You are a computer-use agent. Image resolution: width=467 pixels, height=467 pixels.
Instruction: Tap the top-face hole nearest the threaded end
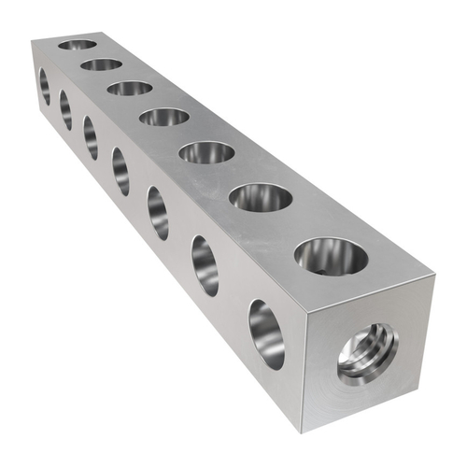[331, 255]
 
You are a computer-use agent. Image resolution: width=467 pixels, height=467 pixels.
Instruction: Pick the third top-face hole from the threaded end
[207, 151]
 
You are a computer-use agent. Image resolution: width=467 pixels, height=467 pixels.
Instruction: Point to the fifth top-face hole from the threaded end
[130, 88]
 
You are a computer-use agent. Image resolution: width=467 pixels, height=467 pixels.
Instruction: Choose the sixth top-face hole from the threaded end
[101, 64]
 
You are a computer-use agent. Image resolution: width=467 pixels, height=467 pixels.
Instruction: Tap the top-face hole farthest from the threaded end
[78, 44]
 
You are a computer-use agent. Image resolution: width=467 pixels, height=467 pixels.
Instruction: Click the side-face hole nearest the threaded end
[266, 333]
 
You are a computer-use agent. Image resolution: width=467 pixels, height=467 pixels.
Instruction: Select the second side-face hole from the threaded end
[205, 265]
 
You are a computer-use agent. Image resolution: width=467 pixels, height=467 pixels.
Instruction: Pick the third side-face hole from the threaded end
[158, 212]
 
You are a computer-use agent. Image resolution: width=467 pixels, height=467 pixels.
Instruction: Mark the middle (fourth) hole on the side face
[120, 171]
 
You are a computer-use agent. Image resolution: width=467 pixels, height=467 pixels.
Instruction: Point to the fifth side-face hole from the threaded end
[91, 137]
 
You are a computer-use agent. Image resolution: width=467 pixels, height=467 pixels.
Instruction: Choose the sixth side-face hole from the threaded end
[65, 110]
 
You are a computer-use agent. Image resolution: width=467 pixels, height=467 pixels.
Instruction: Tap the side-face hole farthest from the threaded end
[45, 87]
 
